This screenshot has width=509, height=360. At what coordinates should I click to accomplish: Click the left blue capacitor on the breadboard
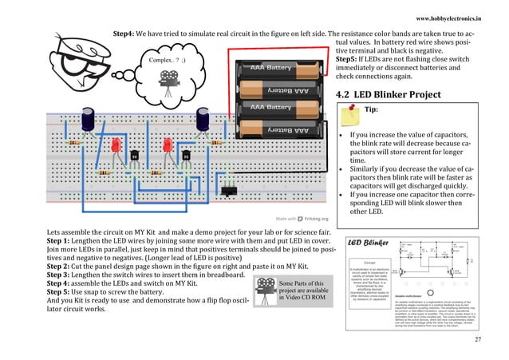(93, 121)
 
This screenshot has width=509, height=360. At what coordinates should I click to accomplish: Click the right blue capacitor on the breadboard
(204, 121)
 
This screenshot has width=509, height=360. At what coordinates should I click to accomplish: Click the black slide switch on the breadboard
(230, 191)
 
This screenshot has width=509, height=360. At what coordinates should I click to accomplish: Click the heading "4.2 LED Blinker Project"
(386, 95)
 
